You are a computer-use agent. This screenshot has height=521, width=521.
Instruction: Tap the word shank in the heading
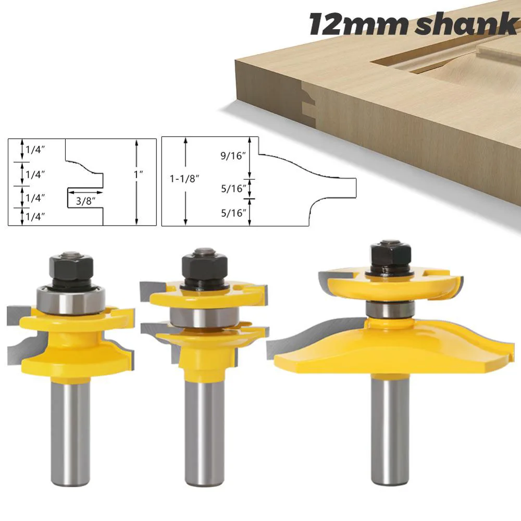pyautogui.click(x=463, y=24)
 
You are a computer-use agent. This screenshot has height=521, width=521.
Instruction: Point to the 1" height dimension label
pyautogui.click(x=138, y=176)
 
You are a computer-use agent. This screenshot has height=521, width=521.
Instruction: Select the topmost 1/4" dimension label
pyautogui.click(x=33, y=149)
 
